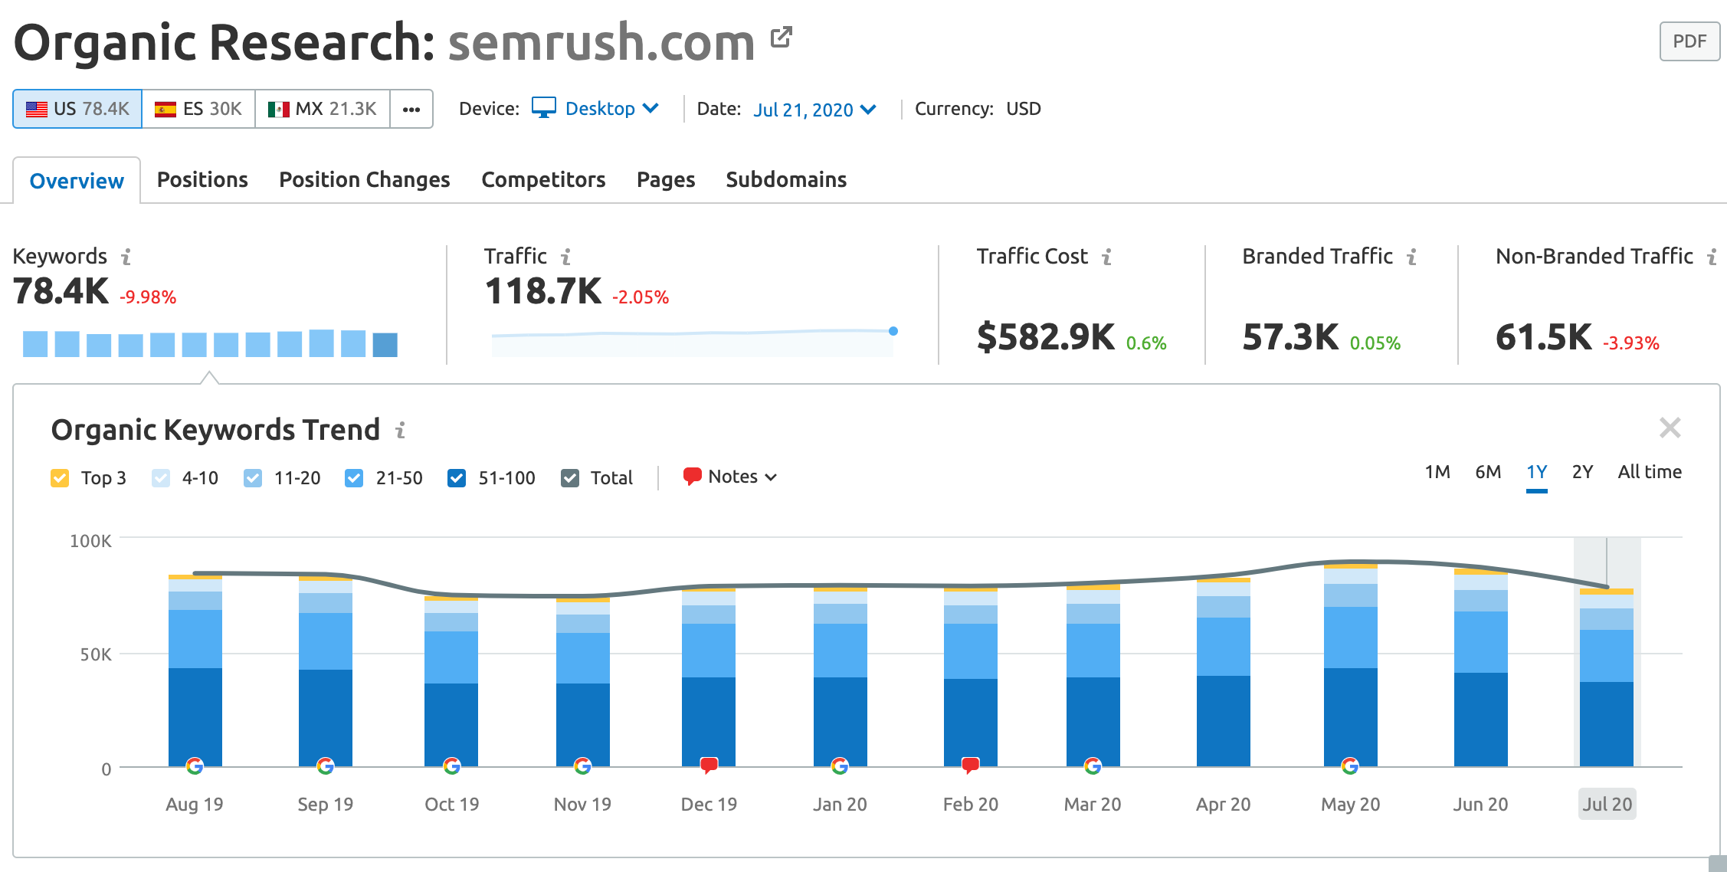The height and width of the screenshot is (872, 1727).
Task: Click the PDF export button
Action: pyautogui.click(x=1689, y=41)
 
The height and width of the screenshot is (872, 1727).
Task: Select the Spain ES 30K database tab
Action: pyautogui.click(x=198, y=109)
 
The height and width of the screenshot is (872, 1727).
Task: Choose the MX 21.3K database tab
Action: pyautogui.click(x=323, y=109)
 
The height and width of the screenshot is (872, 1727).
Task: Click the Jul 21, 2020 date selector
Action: pyautogui.click(x=814, y=110)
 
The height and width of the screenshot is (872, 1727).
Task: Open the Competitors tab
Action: pyautogui.click(x=543, y=179)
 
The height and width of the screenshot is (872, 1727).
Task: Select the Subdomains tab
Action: pyautogui.click(x=786, y=179)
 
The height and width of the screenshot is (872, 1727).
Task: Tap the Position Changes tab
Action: pyautogui.click(x=364, y=179)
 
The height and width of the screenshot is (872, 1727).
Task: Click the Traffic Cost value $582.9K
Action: pyautogui.click(x=1045, y=337)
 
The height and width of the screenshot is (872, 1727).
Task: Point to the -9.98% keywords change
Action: pyautogui.click(x=148, y=297)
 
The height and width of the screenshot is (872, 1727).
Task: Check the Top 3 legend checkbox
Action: pyautogui.click(x=60, y=478)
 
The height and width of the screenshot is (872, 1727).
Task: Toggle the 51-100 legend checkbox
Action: pyautogui.click(x=457, y=478)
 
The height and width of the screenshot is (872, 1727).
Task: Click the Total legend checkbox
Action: pyautogui.click(x=570, y=478)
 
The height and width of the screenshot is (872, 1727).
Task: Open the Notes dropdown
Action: pyautogui.click(x=731, y=477)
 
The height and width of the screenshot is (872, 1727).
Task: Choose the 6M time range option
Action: pyautogui.click(x=1488, y=472)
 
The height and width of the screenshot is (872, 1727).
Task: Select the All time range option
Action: pyautogui.click(x=1650, y=472)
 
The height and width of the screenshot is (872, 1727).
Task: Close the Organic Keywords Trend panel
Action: pyautogui.click(x=1670, y=428)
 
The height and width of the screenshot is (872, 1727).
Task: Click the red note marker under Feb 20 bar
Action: pyautogui.click(x=971, y=765)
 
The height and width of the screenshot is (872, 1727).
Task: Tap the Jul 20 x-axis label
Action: pyautogui.click(x=1607, y=805)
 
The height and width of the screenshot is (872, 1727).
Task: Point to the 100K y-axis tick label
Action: pyautogui.click(x=90, y=542)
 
